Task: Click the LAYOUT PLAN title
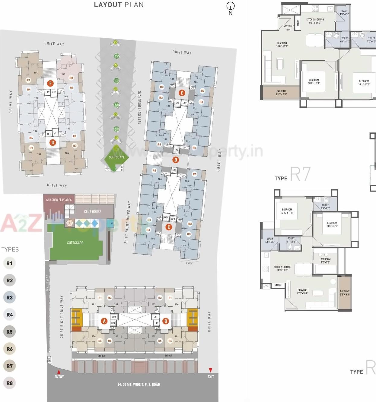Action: pos(119,5)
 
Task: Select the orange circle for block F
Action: pos(50,83)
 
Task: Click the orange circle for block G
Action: pos(53,142)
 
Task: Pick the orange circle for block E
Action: pos(182,93)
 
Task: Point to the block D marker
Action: pos(176,160)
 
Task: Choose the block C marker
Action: pos(169,227)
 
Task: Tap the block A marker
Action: pos(104,321)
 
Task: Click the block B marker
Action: pos(165,321)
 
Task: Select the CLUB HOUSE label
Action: pos(93,212)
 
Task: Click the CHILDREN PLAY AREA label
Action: pos(59,200)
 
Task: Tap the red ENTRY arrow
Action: pos(59,372)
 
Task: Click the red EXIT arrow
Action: pos(211,370)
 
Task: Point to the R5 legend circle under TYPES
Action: pos(10,332)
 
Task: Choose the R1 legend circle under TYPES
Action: pos(10,263)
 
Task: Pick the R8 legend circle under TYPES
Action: pos(10,383)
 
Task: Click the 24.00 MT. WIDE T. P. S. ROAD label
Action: pos(139,384)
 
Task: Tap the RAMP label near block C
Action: pos(189,263)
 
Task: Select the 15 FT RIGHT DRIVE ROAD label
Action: pos(139,107)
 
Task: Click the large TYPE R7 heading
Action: pos(293,175)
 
